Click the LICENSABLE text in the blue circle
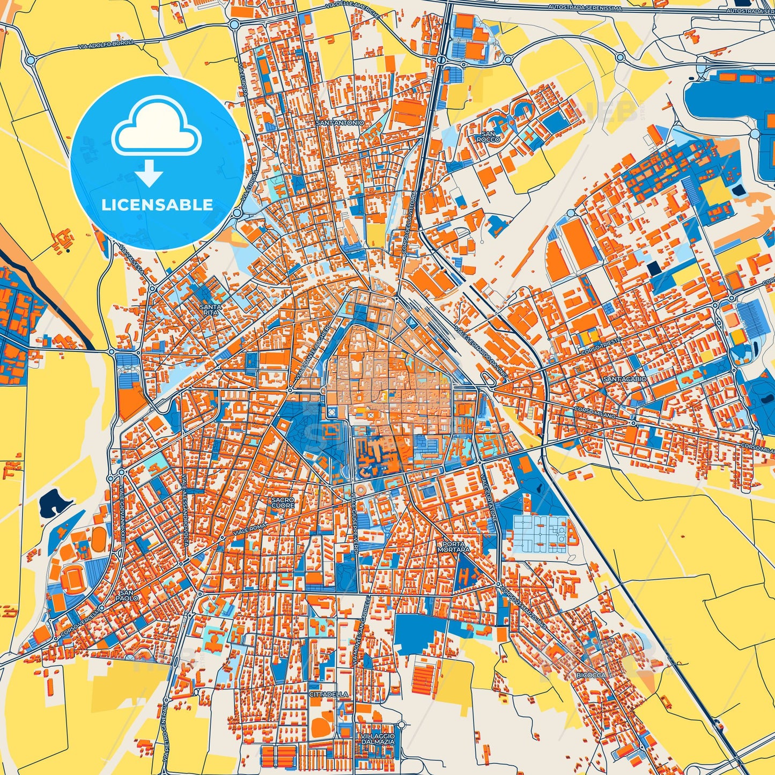point(157,204)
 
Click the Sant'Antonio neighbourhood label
point(339,123)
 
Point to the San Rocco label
point(488,137)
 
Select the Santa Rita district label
point(210,310)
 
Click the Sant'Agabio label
point(625,379)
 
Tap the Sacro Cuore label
point(283,503)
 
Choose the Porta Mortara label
point(453,547)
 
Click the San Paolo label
point(127,595)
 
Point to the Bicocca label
point(591,675)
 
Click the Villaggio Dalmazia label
point(378,739)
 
